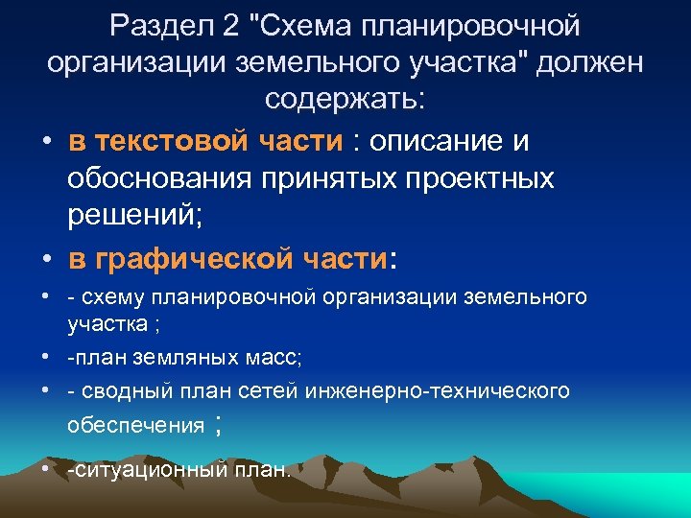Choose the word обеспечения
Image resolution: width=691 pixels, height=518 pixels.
(x=135, y=425)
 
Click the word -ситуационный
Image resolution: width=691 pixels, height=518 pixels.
(x=143, y=469)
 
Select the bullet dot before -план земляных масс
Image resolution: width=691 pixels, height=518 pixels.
(x=45, y=358)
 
